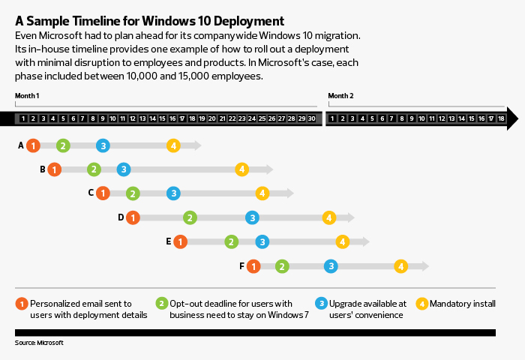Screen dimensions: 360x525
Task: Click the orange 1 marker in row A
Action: pos(32,145)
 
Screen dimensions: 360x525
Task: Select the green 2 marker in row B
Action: pos(94,169)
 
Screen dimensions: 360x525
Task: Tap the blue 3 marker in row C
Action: pos(173,193)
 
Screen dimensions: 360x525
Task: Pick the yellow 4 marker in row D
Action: pos(328,217)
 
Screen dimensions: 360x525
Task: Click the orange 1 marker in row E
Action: pos(180,241)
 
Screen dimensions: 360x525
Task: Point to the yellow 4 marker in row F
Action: pos(400,265)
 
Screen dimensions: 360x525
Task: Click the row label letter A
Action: pos(21,145)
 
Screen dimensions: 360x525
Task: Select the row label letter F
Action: pos(241,265)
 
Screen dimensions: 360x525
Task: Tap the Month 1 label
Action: pos(27,96)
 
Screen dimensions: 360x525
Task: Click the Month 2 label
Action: pos(340,96)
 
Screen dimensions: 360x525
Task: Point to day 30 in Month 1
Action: pos(311,118)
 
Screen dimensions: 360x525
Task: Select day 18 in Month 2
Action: pos(502,118)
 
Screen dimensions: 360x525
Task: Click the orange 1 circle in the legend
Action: pos(22,304)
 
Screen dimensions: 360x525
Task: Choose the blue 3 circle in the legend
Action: pos(321,304)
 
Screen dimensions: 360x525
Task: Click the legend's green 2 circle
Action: pos(161,304)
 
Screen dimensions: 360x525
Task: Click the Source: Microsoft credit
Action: pos(39,342)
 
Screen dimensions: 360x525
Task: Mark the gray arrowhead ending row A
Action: pos(196,145)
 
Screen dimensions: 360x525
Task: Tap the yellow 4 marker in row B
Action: pos(241,169)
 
